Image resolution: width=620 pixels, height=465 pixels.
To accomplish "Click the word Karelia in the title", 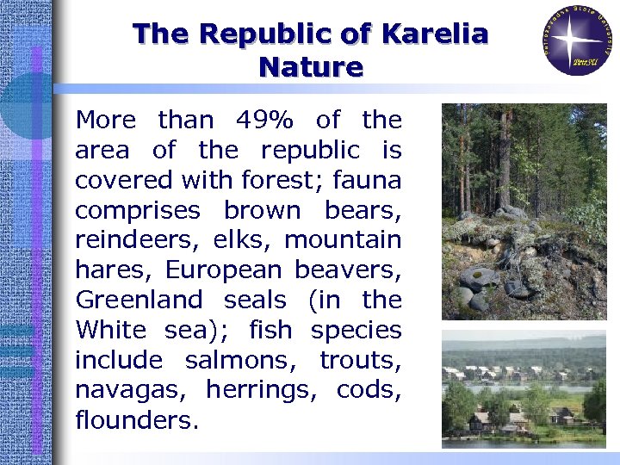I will point(434,34).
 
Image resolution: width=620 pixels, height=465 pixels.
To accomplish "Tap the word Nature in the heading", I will point(311,66).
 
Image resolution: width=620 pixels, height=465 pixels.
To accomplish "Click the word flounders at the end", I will point(137,420).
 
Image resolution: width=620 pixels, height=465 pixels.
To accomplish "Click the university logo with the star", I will point(579,40).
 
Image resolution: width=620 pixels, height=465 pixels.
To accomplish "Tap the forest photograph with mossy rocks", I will point(524,211).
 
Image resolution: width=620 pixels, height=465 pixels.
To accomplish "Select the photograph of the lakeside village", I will point(524,389).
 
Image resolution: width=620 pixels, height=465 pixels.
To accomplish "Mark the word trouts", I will point(360,360).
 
